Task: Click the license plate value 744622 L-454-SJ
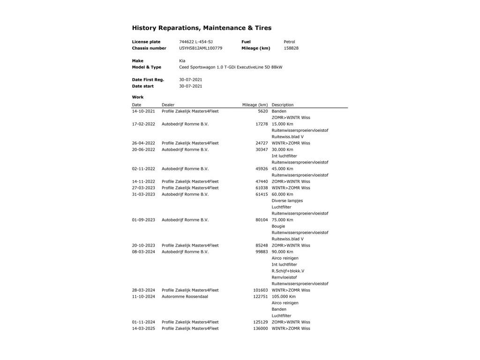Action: coord(195,42)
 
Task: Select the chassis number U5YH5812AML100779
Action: coord(201,48)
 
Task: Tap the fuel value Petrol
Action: coord(289,42)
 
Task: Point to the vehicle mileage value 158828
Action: coord(291,48)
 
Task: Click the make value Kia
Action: coord(182,61)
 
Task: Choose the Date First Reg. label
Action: coord(148,80)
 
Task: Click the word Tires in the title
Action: coord(263,28)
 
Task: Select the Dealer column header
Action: coord(168,105)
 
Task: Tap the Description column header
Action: coord(282,105)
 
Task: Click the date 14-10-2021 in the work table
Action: coord(143,112)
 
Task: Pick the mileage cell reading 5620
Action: coord(262,112)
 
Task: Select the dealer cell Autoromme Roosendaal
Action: coord(185,297)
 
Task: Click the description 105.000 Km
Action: coord(284,297)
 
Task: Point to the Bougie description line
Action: coord(278,226)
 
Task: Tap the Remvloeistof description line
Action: coord(284,277)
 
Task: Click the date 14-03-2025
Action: coord(143,329)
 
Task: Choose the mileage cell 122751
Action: coord(261,297)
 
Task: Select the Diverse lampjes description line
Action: coord(287,201)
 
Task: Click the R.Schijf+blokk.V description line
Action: coord(288,271)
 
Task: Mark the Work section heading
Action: coord(138,97)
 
